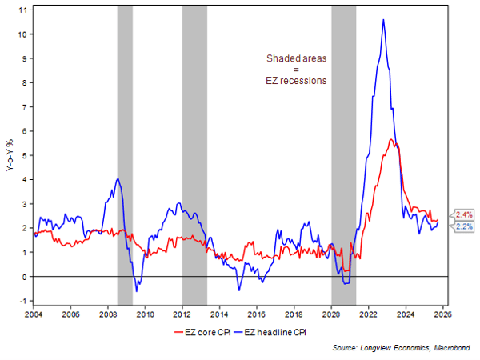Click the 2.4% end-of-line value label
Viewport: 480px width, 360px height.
(464, 214)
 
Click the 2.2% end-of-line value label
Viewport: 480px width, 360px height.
(464, 226)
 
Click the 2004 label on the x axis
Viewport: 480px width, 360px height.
(34, 314)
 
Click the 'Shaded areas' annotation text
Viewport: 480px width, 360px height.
(297, 58)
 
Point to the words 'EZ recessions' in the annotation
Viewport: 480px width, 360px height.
(297, 81)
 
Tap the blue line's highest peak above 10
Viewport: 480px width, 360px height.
(384, 20)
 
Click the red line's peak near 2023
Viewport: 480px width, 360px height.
(391, 140)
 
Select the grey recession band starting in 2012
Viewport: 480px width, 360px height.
(194, 152)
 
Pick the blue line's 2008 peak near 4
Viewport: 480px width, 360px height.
(118, 178)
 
